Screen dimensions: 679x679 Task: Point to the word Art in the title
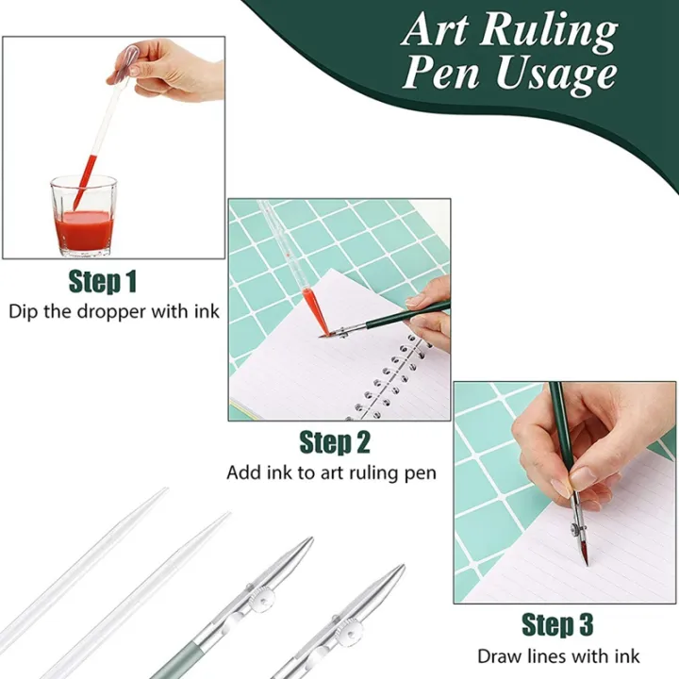[437, 30]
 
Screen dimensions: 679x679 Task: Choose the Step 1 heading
[103, 281]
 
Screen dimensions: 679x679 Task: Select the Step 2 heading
[335, 441]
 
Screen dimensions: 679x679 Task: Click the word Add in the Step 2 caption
[242, 472]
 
